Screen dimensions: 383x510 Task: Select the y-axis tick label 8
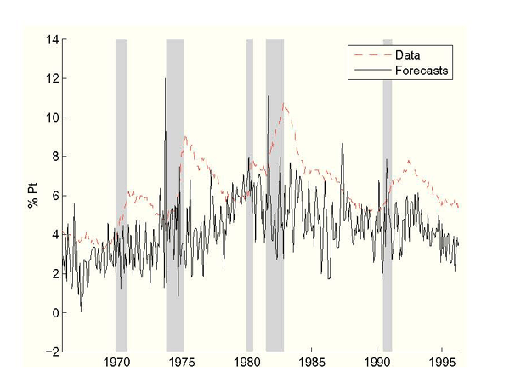54,157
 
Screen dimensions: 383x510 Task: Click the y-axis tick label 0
54,312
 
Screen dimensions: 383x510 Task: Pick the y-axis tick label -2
51,352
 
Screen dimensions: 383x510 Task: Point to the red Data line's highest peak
285,104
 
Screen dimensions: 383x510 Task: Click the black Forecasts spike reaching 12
165,79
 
